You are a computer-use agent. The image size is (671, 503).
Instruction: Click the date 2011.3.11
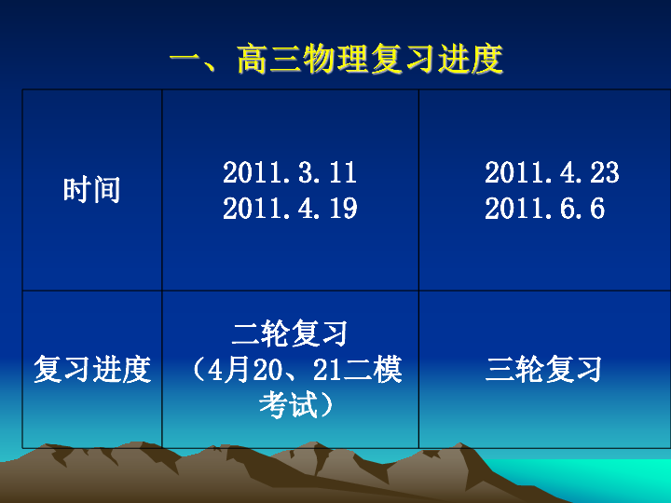click(290, 173)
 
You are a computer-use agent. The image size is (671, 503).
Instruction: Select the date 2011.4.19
click(290, 209)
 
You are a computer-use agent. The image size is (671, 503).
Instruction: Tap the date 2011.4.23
click(552, 173)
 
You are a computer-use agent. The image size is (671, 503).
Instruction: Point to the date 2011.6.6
click(544, 209)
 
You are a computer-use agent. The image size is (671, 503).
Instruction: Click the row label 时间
click(91, 190)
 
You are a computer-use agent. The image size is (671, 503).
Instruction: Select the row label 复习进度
click(92, 369)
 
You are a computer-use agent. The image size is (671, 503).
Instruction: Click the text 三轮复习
click(543, 369)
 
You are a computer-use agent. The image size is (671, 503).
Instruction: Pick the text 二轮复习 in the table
click(290, 333)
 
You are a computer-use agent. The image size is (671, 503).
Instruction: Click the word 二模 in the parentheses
click(373, 369)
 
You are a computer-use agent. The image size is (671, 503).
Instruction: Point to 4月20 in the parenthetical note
click(240, 369)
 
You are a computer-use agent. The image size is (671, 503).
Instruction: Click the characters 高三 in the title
click(269, 59)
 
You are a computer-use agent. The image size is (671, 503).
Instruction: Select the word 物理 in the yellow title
click(336, 59)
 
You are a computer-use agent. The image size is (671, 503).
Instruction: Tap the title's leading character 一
click(186, 59)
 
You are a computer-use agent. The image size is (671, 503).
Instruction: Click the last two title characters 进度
click(470, 59)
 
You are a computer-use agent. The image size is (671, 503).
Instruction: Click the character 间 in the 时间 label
click(106, 190)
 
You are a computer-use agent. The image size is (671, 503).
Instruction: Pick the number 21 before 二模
click(327, 369)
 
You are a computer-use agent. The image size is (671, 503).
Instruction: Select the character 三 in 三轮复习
click(500, 369)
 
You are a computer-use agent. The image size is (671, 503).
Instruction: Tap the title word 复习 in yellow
click(404, 59)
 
